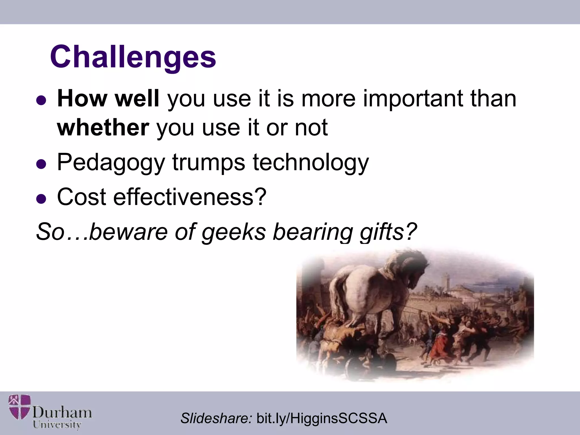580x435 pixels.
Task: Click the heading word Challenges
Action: (x=133, y=57)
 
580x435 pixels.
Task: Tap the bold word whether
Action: (x=103, y=128)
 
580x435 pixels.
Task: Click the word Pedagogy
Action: (x=111, y=163)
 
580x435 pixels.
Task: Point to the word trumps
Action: (x=208, y=163)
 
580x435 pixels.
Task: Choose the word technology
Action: (x=311, y=163)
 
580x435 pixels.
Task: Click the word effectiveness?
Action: (x=190, y=197)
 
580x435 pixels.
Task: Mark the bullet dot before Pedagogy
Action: (x=41, y=164)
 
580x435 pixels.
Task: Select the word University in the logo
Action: (x=57, y=425)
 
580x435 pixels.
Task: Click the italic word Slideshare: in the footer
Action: (x=216, y=418)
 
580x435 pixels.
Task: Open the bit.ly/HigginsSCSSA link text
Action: (x=322, y=418)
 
